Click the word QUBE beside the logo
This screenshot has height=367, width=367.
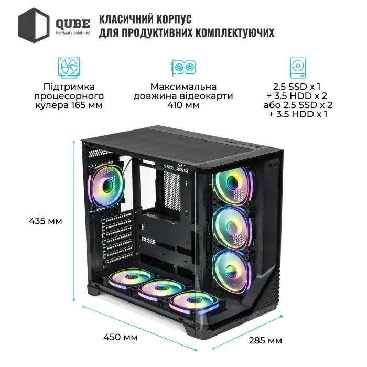72,21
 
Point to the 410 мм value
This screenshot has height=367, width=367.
183,105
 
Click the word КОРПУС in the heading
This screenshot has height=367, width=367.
169,19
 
